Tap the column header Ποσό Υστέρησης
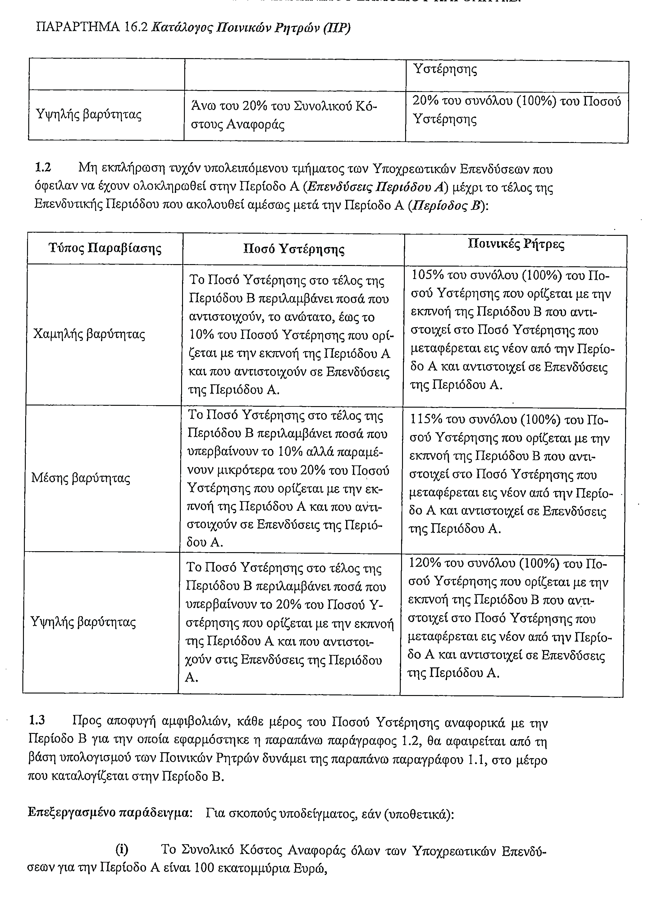coord(294,249)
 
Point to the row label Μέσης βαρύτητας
coord(80,478)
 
